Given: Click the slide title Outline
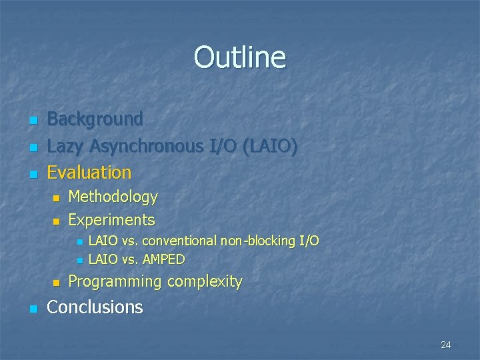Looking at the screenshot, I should tap(239, 57).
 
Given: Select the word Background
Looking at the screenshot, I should tap(95, 119).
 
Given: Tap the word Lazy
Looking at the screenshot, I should tap(65, 146).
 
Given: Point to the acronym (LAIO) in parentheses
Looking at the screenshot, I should tap(270, 146).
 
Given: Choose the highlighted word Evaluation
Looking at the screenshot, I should tap(89, 173).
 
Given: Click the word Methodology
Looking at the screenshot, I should tap(113, 197).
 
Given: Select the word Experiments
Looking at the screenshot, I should tap(111, 220).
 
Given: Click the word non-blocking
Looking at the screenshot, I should tap(257, 240).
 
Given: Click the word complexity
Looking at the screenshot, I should tap(205, 282).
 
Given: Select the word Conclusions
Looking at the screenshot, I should tap(95, 307).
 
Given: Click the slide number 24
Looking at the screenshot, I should tap(446, 345).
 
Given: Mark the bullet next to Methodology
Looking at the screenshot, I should tap(56, 199).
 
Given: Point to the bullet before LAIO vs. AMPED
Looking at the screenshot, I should tap(78, 260).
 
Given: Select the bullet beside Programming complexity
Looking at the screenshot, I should tap(56, 283).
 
